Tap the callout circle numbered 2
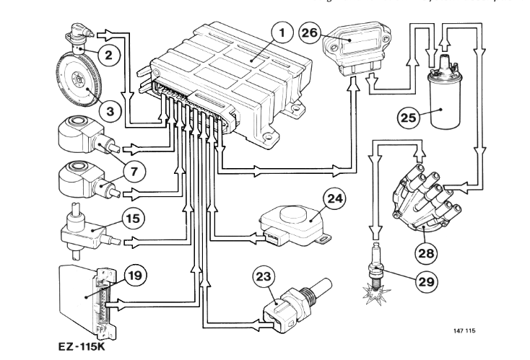click(x=107, y=53)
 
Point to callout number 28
click(x=425, y=252)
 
